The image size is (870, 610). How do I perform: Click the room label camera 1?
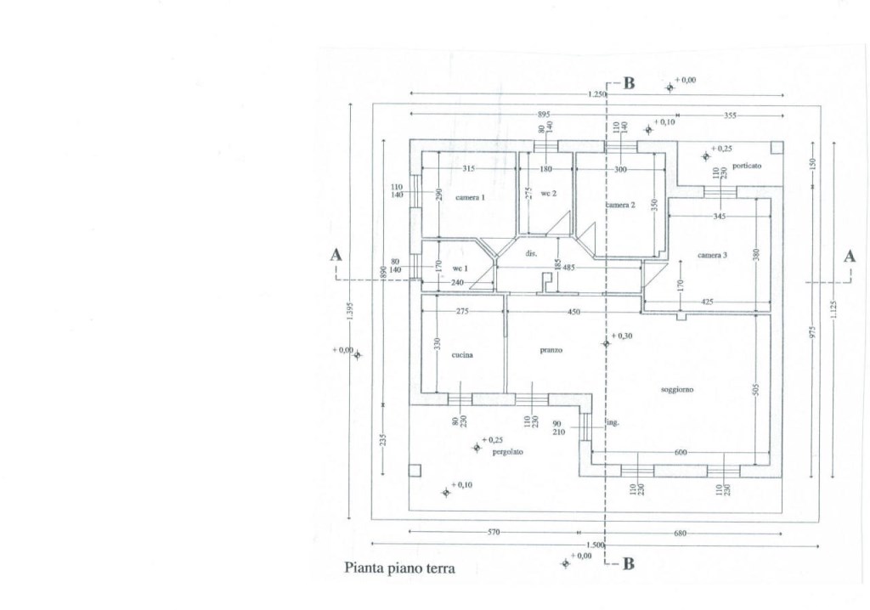(470, 198)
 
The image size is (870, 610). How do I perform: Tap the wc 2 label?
(548, 194)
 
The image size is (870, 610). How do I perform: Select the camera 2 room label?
(620, 206)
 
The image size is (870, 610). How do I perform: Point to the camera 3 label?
(713, 255)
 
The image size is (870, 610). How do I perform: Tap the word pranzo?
(551, 350)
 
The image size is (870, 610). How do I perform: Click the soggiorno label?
(678, 389)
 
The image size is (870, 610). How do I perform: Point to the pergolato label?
(507, 452)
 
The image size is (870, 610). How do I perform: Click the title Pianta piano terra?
(399, 568)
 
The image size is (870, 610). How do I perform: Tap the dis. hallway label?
(531, 253)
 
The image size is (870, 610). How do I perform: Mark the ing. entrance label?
(612, 422)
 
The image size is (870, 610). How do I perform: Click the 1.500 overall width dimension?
(596, 545)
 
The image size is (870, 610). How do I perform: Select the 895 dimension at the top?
(544, 114)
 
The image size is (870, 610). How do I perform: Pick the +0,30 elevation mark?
(624, 336)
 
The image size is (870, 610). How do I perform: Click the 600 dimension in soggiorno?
(681, 452)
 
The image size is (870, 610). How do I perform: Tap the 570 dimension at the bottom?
(494, 532)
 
